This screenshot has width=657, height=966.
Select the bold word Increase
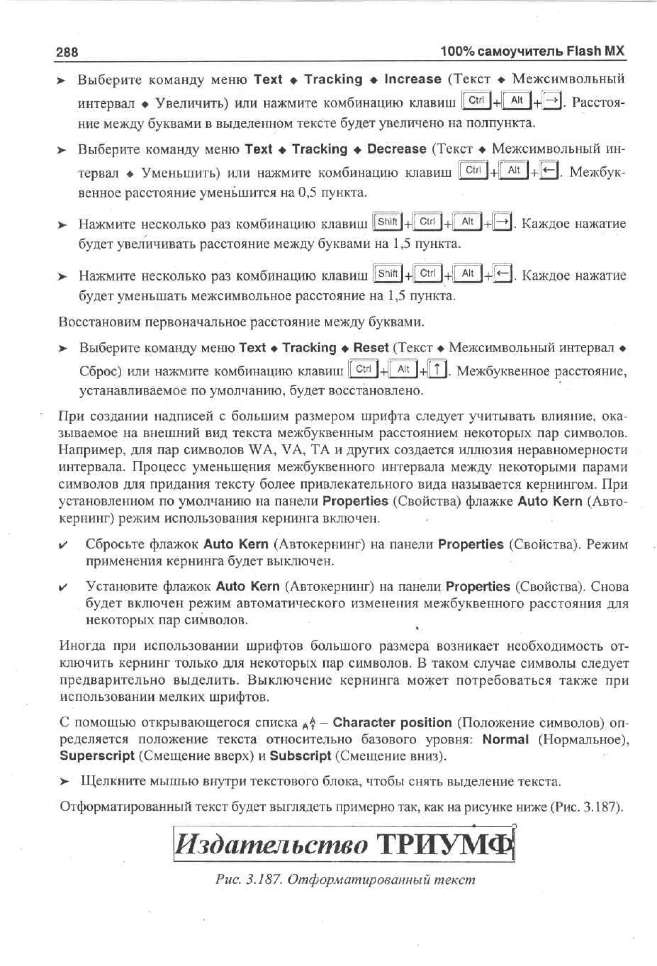pos(412,79)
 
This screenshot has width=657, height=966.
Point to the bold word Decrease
pos(397,149)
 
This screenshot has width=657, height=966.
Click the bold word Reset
pos(371,348)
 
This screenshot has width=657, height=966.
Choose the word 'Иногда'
pos(81,645)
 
